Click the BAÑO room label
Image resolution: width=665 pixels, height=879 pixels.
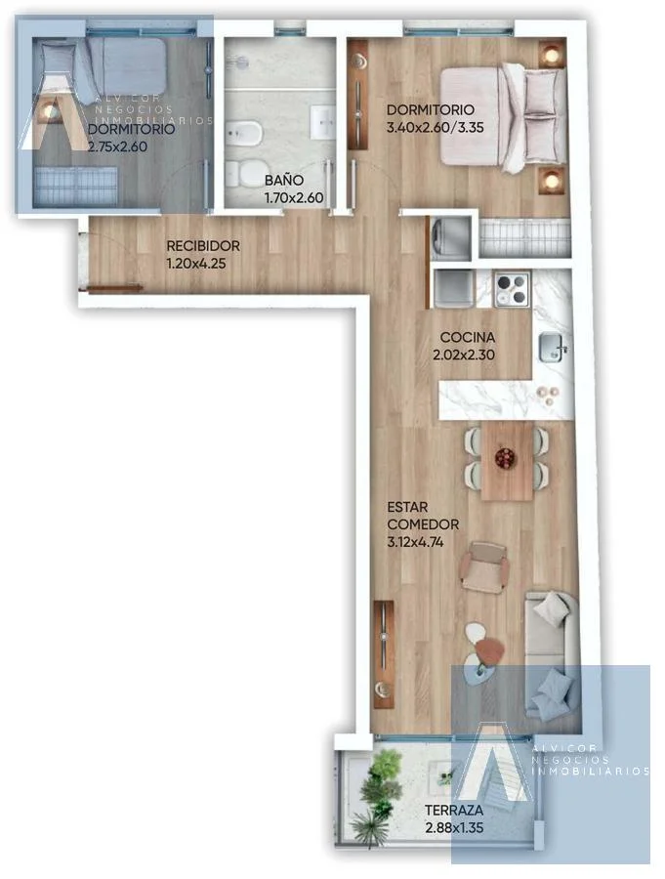pyautogui.click(x=284, y=180)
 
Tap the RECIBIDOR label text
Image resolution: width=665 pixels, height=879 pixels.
pyautogui.click(x=203, y=245)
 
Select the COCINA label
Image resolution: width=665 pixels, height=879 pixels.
pyautogui.click(x=468, y=338)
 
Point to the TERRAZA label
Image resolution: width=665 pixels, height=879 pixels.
pyautogui.click(x=454, y=810)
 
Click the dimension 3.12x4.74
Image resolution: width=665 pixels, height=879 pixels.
pyautogui.click(x=415, y=542)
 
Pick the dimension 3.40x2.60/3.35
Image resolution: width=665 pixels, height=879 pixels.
pyautogui.click(x=436, y=127)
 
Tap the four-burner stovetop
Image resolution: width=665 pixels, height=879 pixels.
pyautogui.click(x=512, y=289)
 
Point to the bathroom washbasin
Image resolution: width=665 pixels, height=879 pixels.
pyautogui.click(x=324, y=121)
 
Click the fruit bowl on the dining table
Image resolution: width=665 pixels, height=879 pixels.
pyautogui.click(x=506, y=458)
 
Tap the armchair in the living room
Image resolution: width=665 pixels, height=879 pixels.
pyautogui.click(x=484, y=566)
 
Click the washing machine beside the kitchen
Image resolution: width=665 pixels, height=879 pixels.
pyautogui.click(x=450, y=238)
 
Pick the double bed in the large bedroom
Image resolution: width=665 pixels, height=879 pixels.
pyautogui.click(x=502, y=116)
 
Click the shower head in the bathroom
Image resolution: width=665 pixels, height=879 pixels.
pyautogui.click(x=241, y=63)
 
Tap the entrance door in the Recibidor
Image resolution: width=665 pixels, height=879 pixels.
pyautogui.click(x=115, y=288)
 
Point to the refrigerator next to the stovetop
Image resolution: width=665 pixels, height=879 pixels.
pyautogui.click(x=454, y=288)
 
